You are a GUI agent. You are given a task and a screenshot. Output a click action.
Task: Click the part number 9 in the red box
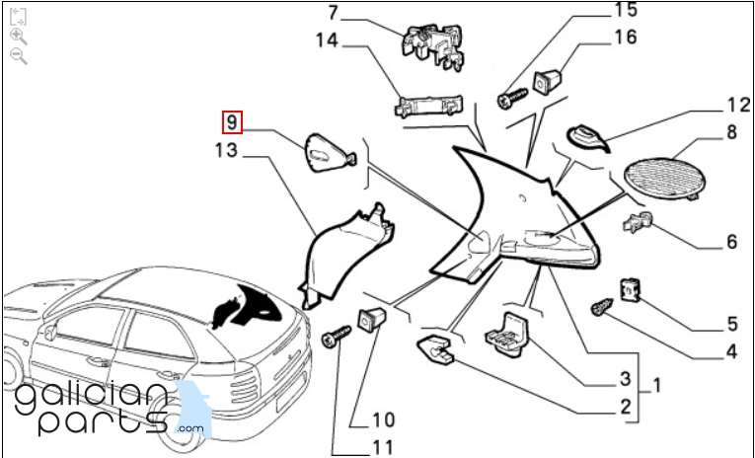[x=231, y=123]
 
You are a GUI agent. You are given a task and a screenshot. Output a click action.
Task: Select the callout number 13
[x=227, y=150]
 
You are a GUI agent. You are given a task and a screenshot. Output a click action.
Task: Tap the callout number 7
[x=333, y=14]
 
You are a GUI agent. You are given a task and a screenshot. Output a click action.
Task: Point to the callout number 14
[x=327, y=39]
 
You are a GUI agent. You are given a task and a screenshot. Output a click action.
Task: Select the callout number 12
[x=739, y=105]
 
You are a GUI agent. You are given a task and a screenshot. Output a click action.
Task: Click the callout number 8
[x=732, y=130]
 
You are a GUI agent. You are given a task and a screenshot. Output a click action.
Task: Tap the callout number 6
[x=731, y=242]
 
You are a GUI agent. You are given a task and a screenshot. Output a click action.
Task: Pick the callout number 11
[x=383, y=447]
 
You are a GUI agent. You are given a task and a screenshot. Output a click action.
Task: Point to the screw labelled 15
[x=515, y=98]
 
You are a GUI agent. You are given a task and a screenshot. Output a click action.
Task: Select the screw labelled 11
[x=336, y=338]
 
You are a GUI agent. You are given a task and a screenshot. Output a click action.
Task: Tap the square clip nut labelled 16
[x=548, y=78]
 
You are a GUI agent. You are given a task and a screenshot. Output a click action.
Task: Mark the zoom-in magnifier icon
[x=18, y=36]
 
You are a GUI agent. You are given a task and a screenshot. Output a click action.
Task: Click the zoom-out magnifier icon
[x=18, y=56]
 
